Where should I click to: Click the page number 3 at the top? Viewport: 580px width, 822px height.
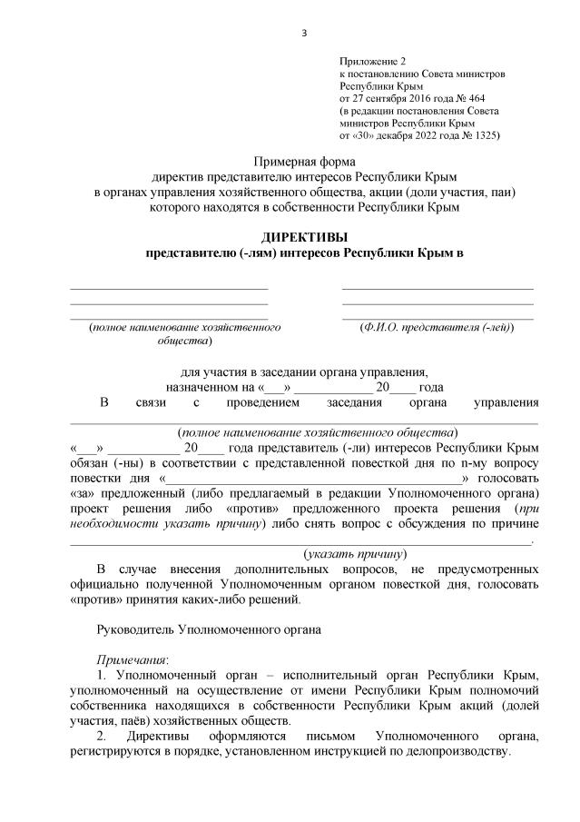click(x=304, y=34)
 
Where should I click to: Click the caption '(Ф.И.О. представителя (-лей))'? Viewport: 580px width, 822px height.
click(x=437, y=327)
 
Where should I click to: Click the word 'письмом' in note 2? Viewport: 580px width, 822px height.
click(x=319, y=737)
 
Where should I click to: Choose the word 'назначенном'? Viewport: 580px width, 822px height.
click(x=203, y=386)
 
